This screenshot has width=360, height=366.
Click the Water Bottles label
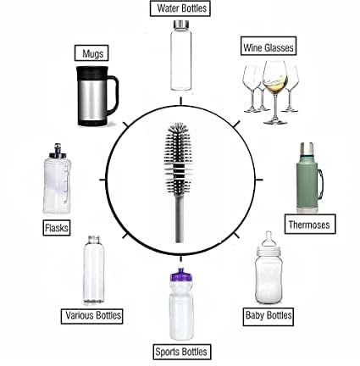tap(180, 8)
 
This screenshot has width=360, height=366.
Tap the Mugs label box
tap(91, 53)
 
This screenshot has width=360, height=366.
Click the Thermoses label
tap(310, 225)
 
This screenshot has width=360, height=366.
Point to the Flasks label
tap(57, 227)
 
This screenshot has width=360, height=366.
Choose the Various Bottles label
tap(93, 316)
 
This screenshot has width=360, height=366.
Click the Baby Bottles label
tap(268, 316)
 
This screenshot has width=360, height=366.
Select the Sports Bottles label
tap(180, 351)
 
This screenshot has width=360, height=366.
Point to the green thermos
tap(307, 182)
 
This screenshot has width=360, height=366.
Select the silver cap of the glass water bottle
tap(180, 26)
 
